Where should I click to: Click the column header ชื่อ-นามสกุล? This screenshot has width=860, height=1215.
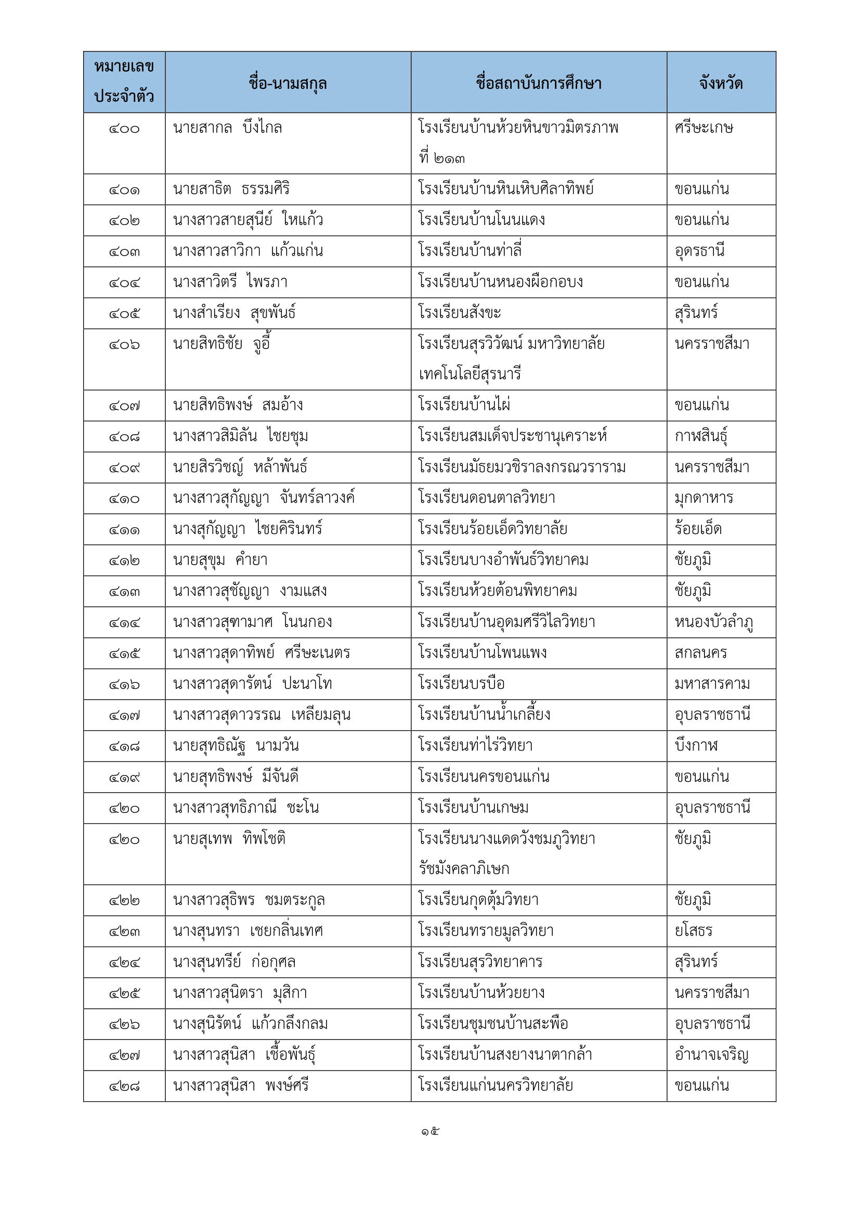(x=288, y=83)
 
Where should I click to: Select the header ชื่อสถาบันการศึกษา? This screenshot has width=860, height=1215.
(x=538, y=83)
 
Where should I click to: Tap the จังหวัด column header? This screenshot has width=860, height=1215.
(x=721, y=83)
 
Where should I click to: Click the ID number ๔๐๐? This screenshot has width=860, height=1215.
(x=124, y=129)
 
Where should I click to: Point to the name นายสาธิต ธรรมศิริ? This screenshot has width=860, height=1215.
(x=231, y=189)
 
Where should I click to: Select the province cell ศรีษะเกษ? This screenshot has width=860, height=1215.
(x=704, y=128)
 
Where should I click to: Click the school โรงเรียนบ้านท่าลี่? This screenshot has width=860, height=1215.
(x=470, y=250)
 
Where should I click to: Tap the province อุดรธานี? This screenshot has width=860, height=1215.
(x=699, y=250)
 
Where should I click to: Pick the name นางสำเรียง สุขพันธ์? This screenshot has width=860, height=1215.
(x=234, y=313)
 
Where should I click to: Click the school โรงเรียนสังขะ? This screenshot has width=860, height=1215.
(x=459, y=313)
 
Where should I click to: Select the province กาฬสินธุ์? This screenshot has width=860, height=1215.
(x=700, y=436)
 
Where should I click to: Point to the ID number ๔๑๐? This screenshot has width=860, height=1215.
(x=124, y=499)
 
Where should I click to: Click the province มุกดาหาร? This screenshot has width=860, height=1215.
(x=704, y=498)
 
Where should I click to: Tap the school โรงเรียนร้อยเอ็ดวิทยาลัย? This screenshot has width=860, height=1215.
(x=492, y=529)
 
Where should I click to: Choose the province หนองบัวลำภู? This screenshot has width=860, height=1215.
(x=713, y=622)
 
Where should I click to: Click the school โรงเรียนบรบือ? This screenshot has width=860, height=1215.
(x=461, y=684)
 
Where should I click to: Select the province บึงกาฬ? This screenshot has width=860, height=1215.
(x=696, y=745)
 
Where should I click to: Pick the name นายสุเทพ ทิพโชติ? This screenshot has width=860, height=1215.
(x=229, y=839)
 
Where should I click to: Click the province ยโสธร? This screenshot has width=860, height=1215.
(x=693, y=931)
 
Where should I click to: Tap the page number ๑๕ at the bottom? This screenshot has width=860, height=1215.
(x=430, y=1132)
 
